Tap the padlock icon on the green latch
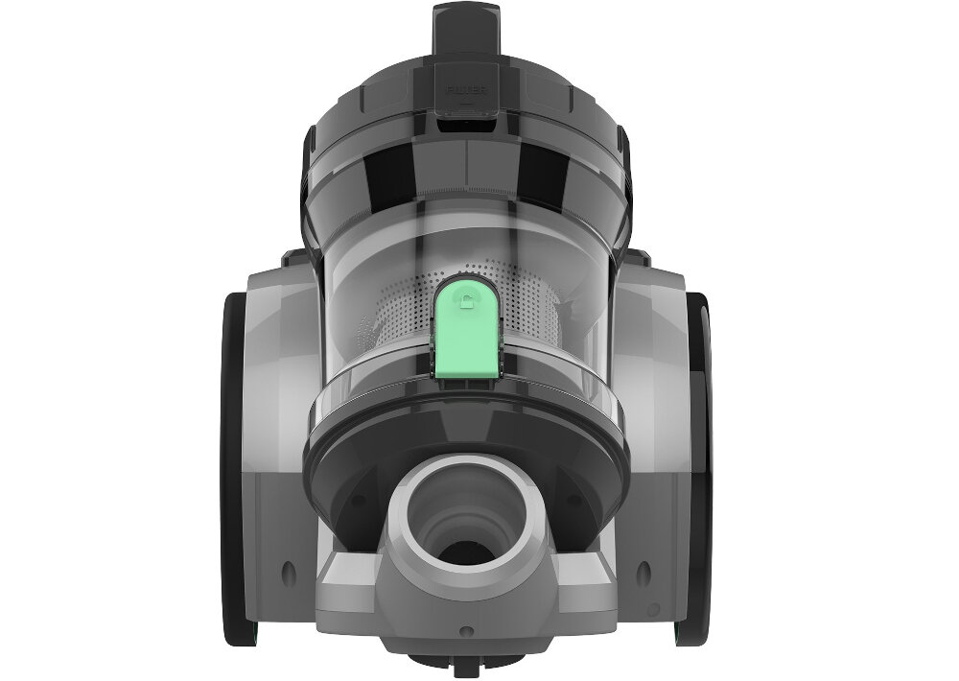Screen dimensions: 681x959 tap(466, 303)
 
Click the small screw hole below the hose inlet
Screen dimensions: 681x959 tap(466, 631)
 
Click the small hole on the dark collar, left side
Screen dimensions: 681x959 tap(356, 501)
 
